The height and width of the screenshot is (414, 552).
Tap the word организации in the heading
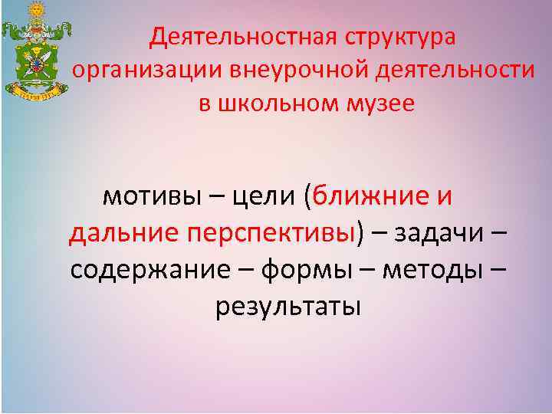[x=147, y=71]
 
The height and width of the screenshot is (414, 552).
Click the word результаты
[x=287, y=307]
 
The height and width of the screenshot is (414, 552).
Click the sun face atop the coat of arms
[x=36, y=11]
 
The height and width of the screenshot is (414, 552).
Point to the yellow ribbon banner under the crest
[x=35, y=97]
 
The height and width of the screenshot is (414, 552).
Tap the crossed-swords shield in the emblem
[x=36, y=61]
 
